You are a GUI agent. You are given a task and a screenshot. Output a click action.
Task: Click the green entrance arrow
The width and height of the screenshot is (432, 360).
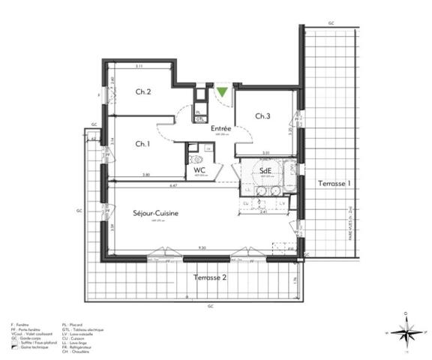click(223, 93)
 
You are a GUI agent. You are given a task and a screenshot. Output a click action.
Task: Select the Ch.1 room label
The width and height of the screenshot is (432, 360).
click(142, 144)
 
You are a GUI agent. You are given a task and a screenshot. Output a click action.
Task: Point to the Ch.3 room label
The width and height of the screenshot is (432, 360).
click(262, 116)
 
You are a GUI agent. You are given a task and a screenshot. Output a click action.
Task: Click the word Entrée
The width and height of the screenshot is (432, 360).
click(220, 129)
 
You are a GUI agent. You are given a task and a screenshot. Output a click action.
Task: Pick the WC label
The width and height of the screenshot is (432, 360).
click(199, 171)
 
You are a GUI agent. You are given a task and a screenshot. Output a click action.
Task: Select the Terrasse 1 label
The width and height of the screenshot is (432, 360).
click(334, 184)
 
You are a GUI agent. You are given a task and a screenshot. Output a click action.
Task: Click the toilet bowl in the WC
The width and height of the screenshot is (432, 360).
click(198, 159)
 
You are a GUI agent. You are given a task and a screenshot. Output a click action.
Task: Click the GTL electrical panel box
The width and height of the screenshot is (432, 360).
click(200, 118)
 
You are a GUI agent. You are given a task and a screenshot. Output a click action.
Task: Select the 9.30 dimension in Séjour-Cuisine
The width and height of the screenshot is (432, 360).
click(202, 248)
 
